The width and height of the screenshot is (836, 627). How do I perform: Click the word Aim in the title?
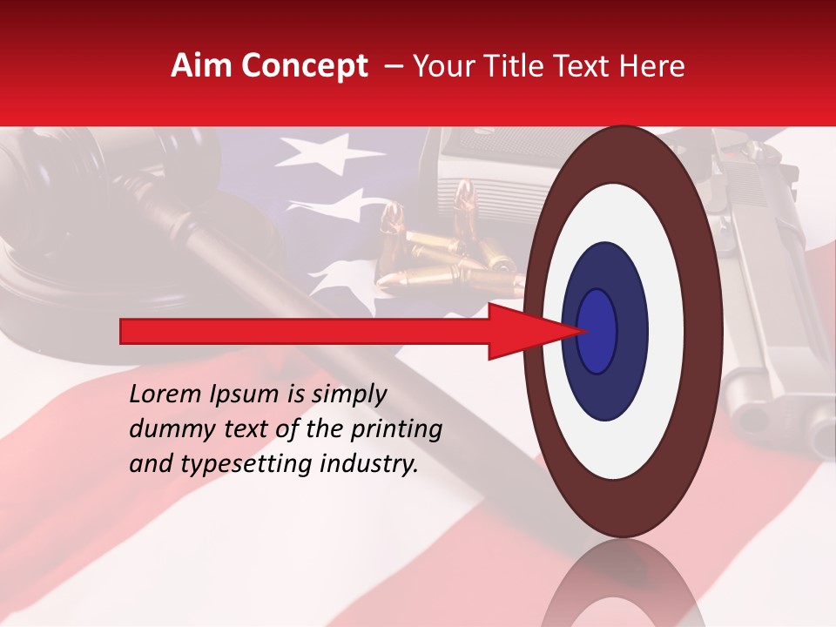(202, 66)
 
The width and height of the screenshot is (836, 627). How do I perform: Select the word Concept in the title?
(303, 66)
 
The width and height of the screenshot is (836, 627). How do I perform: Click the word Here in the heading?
(652, 66)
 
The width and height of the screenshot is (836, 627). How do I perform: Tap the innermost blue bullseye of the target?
(597, 331)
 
